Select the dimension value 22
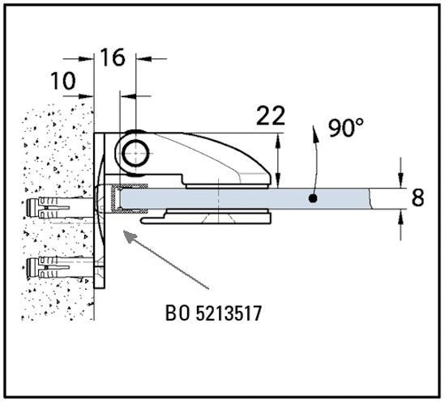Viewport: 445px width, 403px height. click(271, 116)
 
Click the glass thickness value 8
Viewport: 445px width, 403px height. click(417, 197)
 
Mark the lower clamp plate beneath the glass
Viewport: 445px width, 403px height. click(207, 217)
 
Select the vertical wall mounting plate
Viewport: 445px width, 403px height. click(100, 210)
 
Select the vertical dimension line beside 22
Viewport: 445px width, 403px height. click(279, 162)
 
